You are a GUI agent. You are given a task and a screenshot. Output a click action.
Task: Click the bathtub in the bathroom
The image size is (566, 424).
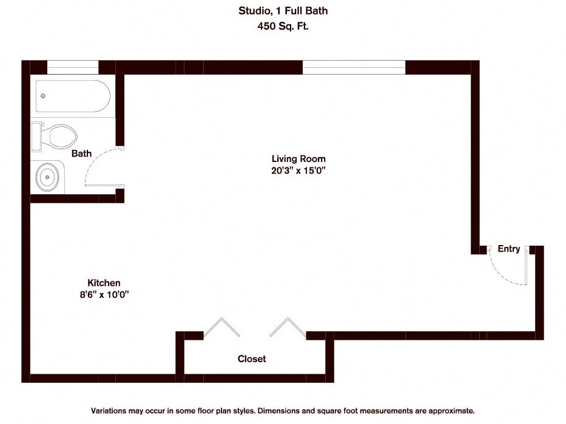(73, 96)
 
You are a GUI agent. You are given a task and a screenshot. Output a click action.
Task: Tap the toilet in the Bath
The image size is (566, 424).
(58, 136)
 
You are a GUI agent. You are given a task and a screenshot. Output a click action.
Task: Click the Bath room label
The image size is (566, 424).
(81, 153)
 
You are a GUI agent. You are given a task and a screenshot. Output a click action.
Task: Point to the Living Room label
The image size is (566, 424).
(294, 159)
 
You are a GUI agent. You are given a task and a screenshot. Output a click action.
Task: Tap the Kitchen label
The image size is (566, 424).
(104, 283)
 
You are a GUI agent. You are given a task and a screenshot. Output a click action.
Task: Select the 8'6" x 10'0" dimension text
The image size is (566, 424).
(104, 295)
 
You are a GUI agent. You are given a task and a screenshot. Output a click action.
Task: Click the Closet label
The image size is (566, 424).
(251, 359)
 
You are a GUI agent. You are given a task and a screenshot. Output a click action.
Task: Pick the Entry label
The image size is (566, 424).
(508, 249)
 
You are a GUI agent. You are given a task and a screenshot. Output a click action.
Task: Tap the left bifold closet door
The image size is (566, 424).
(221, 327)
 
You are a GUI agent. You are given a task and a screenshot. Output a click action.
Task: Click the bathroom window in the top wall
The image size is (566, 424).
(73, 67)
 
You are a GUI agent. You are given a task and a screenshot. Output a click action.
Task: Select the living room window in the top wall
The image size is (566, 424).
(354, 67)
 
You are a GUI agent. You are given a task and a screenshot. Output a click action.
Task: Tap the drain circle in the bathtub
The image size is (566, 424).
(42, 96)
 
